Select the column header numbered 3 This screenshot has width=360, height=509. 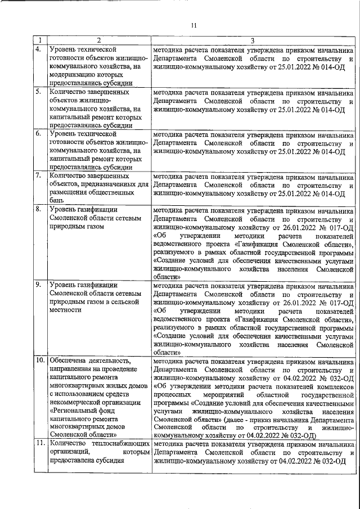pyautogui.click(x=253, y=40)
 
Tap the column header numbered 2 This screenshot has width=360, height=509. pyautogui.click(x=98, y=40)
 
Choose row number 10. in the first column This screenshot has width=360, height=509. pyautogui.click(x=40, y=360)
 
